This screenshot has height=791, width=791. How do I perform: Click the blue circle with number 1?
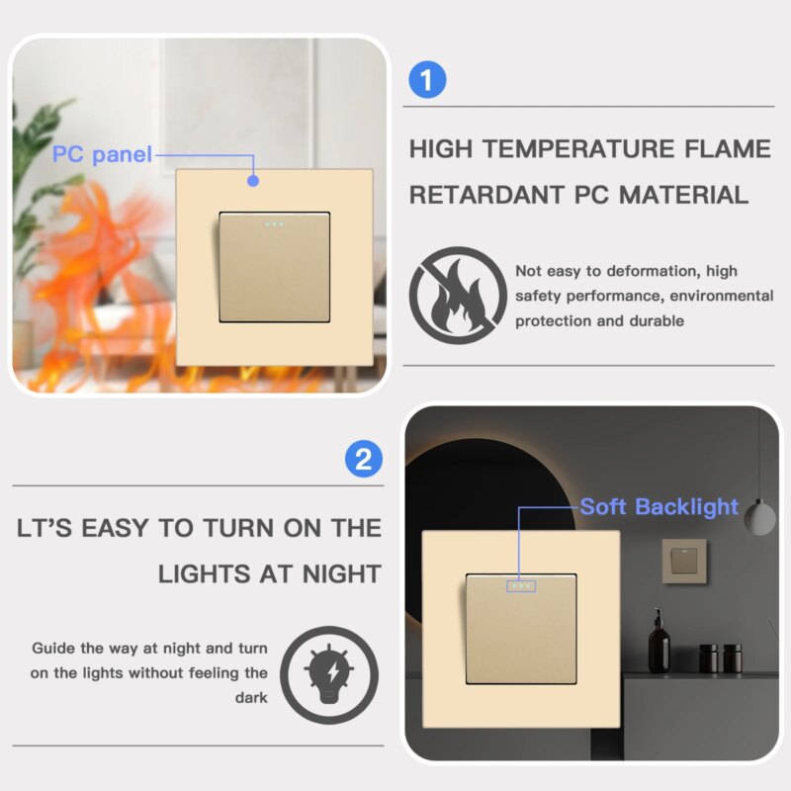[x=427, y=80]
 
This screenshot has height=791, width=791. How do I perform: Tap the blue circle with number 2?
[x=364, y=459]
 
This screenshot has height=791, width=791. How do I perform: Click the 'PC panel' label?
[x=102, y=154]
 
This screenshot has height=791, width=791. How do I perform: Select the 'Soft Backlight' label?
[x=659, y=506]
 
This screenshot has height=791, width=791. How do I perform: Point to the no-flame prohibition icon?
[x=458, y=296]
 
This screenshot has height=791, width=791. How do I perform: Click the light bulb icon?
[x=329, y=675]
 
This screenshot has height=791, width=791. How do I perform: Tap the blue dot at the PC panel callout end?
[x=253, y=181]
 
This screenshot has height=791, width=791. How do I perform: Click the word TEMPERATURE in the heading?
[x=578, y=149]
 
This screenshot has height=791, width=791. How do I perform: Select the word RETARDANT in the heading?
[x=486, y=195]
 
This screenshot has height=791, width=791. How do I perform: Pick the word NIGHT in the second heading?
[x=341, y=574]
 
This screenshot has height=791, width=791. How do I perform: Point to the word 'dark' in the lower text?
[x=251, y=698]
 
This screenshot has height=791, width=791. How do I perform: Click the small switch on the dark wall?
[x=684, y=561]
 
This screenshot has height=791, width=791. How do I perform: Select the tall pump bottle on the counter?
[x=659, y=641]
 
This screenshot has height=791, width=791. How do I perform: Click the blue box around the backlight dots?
[x=521, y=586]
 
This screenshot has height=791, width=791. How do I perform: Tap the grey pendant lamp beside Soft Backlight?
[x=759, y=516]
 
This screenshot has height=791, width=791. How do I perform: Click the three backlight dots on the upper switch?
[x=274, y=224]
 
